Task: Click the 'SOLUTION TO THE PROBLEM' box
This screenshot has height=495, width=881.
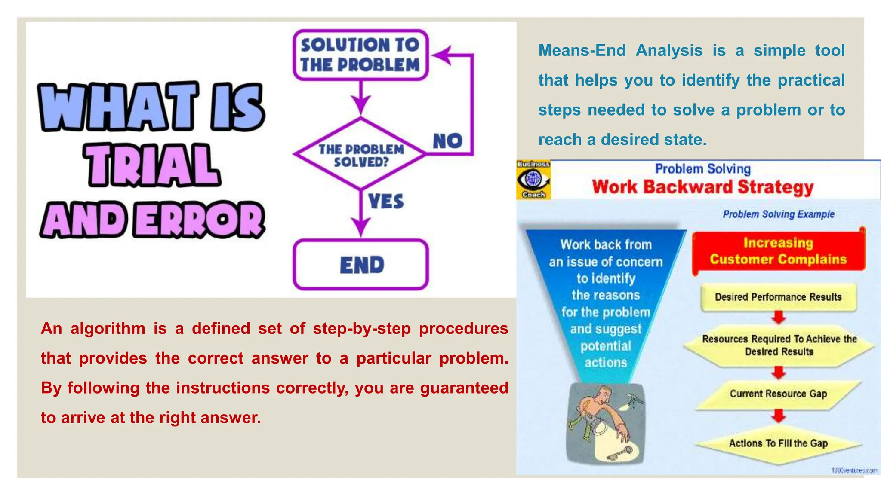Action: (x=360, y=55)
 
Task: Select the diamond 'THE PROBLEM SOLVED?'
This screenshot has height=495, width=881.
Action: (x=361, y=155)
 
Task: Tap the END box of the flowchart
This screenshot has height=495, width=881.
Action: (x=361, y=265)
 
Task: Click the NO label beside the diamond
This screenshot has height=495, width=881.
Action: (x=447, y=141)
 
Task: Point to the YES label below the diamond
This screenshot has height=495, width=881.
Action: (x=386, y=201)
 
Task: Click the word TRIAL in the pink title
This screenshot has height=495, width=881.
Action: (x=153, y=166)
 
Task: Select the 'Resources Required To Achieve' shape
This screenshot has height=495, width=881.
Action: (x=779, y=345)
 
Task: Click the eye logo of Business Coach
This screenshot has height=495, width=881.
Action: (x=533, y=179)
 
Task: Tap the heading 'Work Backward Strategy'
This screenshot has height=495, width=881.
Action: (x=702, y=187)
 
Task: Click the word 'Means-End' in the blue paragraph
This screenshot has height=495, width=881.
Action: (x=582, y=51)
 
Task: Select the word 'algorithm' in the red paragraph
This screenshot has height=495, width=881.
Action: (x=108, y=329)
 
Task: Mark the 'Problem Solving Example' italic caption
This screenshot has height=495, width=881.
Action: (x=778, y=214)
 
